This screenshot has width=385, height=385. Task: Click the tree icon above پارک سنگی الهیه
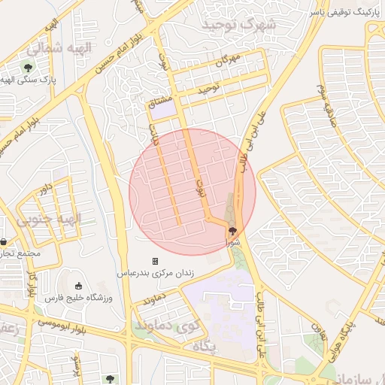pos(28,68)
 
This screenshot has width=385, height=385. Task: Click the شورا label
pos(235,243)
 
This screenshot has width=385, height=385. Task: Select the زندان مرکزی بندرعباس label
pos(155,274)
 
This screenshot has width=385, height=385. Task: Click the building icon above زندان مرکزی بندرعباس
pos(155,261)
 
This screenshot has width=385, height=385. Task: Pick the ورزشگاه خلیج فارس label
pos(80,298)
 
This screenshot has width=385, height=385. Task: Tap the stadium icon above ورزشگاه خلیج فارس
pos(79,286)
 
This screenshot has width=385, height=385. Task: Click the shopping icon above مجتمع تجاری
pos(5,242)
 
